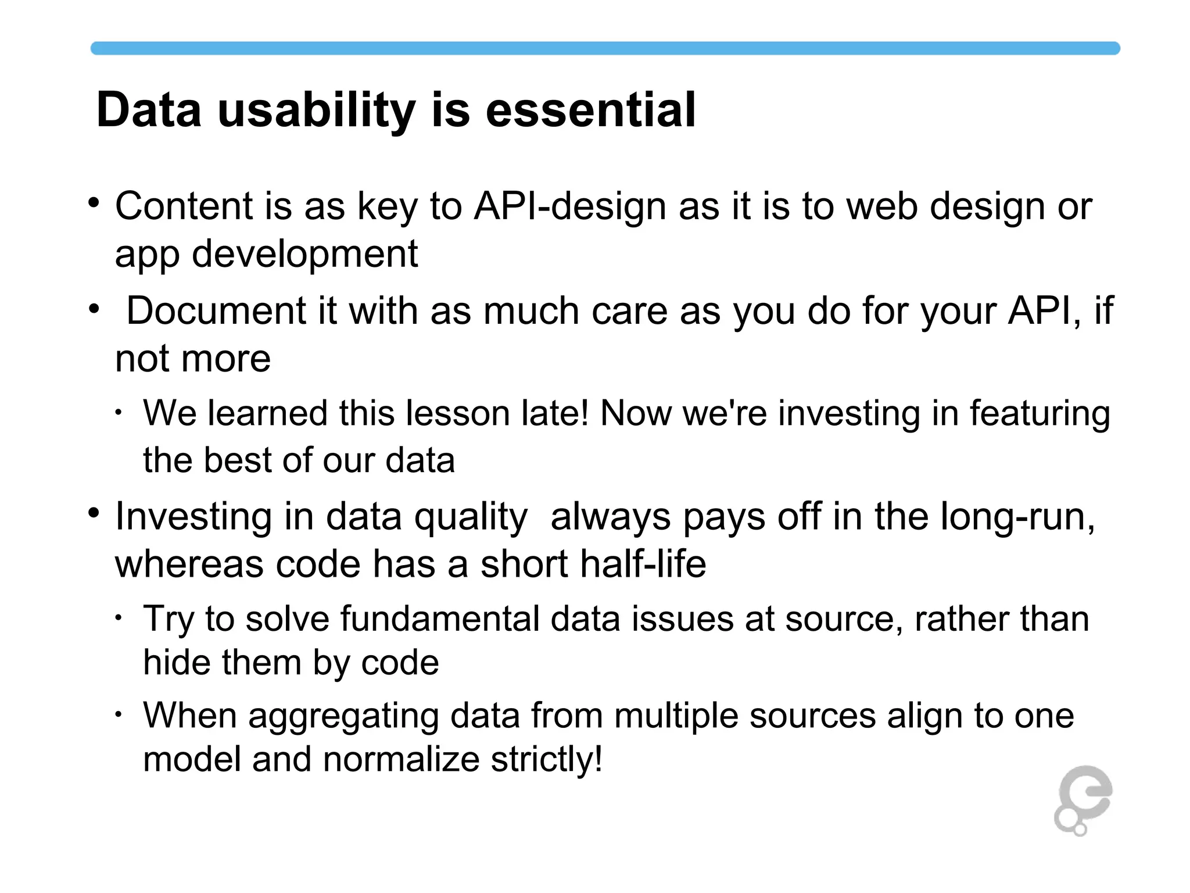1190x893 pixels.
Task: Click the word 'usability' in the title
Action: [316, 110]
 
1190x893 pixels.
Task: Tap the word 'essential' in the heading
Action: [590, 110]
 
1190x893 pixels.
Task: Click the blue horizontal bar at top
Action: [604, 48]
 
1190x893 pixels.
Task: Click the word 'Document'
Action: [216, 311]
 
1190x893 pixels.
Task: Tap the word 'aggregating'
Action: [343, 716]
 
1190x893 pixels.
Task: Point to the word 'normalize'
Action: [400, 760]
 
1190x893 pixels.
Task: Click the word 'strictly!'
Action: [546, 760]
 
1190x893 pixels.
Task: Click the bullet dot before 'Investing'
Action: [94, 513]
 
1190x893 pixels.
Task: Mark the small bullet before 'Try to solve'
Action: [118, 617]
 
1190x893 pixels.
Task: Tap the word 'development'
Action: [304, 254]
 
